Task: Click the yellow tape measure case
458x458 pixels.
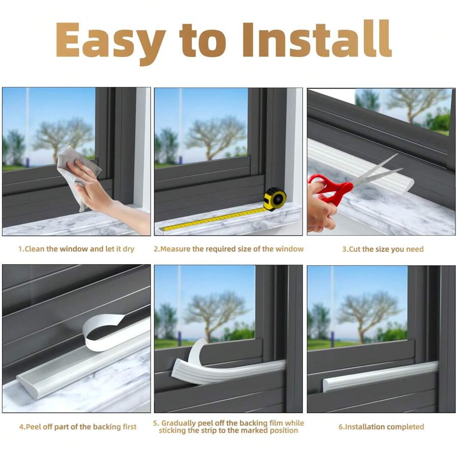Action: pos(275,198)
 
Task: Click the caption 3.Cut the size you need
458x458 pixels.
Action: pos(383,249)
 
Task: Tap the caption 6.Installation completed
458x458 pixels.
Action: pos(381,427)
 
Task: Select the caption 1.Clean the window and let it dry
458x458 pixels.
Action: pos(76,249)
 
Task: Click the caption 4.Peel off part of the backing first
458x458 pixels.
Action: pos(78,427)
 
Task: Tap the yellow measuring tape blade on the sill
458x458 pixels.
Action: pos(214,219)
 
